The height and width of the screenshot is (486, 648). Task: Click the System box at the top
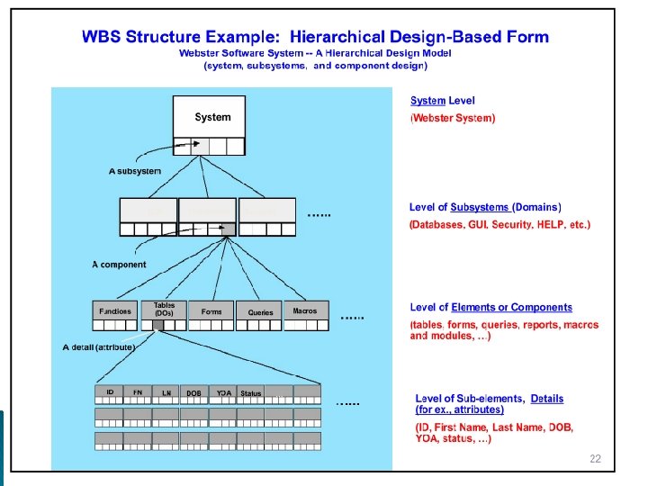212,117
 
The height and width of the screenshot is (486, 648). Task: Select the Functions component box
114,311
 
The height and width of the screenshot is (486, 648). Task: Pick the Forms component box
211,311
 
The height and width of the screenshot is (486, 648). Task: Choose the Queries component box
260,312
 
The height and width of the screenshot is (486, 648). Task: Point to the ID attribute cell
109,393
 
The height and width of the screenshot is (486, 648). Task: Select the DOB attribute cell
193,393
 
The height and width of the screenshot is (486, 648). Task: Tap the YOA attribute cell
223,393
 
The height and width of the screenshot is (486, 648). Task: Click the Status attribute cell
251,393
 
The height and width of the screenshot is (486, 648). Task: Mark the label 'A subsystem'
135,171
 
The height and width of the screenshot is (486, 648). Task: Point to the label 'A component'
119,265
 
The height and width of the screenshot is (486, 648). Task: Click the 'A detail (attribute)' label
99,346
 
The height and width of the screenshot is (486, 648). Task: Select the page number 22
595,459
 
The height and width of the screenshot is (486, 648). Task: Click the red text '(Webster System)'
453,118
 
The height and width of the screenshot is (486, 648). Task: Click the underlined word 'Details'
547,398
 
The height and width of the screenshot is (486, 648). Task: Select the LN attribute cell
166,393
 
